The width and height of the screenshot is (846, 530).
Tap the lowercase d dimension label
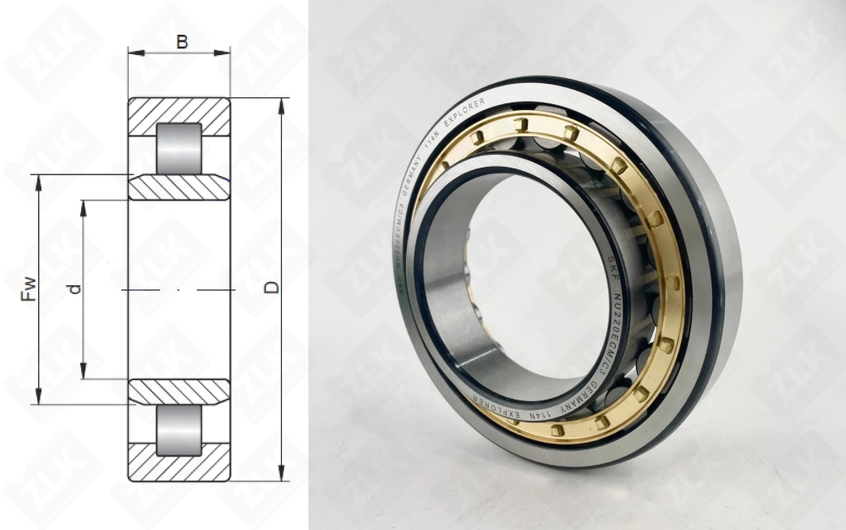[75, 289]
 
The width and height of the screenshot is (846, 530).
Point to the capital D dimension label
[272, 288]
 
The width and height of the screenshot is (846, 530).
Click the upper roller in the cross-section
[179, 148]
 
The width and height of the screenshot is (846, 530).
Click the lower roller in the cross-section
[179, 429]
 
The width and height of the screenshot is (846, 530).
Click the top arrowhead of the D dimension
[282, 104]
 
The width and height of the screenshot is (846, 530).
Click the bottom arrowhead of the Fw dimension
[39, 397]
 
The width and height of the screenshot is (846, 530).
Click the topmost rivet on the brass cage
[523, 124]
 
